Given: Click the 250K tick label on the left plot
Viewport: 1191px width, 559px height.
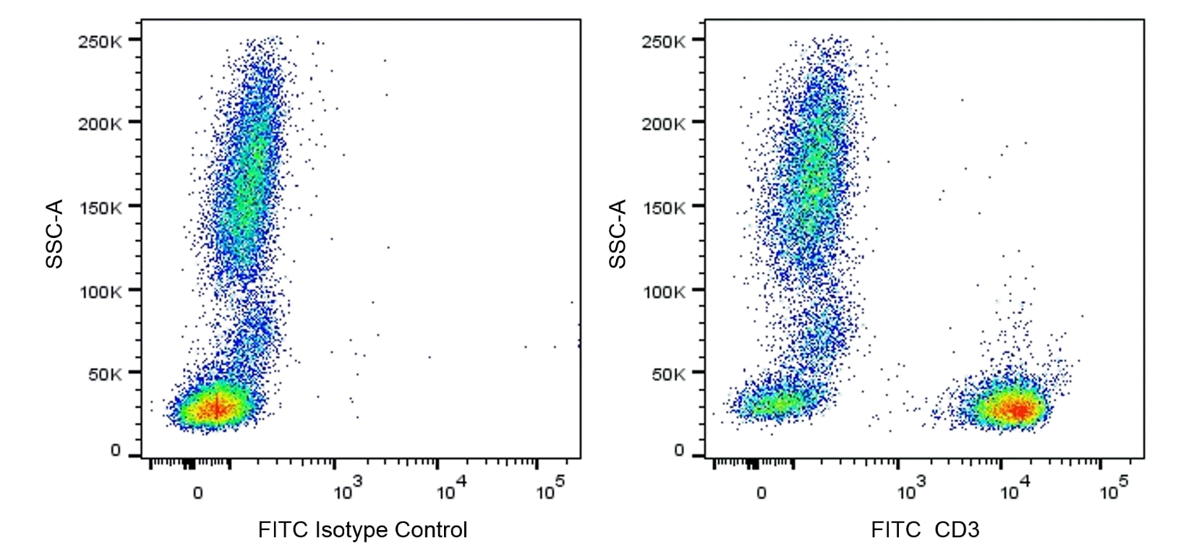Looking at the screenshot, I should pos(100,41).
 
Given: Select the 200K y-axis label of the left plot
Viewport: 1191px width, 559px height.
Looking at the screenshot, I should pos(100,124).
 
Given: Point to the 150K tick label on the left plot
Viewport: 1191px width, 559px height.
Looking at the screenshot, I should pos(100,208).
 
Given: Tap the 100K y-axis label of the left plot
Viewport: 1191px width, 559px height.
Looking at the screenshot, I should pos(100,292).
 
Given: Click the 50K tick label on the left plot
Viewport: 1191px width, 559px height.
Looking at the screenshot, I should pos(105,375).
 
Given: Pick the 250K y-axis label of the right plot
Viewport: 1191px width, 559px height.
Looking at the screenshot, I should pos(663,41).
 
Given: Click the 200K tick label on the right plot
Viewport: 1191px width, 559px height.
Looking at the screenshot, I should pos(663,124).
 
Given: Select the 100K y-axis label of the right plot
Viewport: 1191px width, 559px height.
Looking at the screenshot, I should pos(663,292).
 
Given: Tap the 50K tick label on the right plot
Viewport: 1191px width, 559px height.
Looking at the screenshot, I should pos(668,375).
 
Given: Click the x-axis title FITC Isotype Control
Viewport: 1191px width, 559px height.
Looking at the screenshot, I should pos(362,530).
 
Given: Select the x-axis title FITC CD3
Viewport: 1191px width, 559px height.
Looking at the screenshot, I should pos(925,530).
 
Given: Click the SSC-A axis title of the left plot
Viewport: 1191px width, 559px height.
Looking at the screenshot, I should pos(55,234).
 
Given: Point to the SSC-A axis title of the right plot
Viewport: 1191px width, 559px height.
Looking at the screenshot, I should pos(618,234).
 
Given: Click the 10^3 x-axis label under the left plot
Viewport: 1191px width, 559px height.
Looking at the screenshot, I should pos(346,490).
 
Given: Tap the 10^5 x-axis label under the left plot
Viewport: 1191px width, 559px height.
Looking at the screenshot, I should pos(549,490).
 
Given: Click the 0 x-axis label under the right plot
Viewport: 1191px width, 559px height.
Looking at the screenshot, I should pos(761,493).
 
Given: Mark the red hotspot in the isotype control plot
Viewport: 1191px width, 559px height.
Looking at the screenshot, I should pos(216,409).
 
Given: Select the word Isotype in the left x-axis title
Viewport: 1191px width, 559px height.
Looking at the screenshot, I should pos(343,530).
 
